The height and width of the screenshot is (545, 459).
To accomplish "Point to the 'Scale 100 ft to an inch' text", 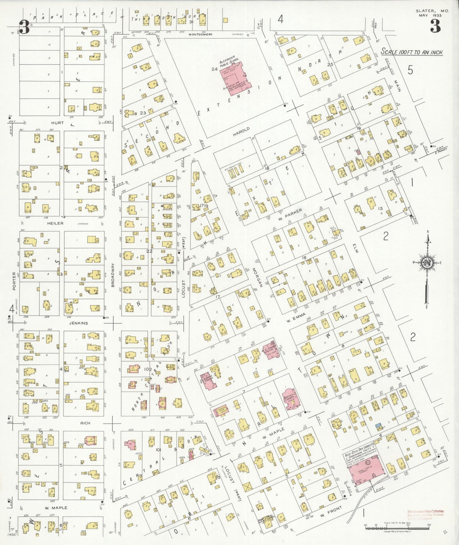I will (412, 52).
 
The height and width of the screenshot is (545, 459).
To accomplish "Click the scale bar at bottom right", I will (397, 528).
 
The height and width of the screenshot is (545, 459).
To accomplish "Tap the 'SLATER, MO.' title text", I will (432, 11).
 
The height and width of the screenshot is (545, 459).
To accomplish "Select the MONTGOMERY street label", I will (200, 34).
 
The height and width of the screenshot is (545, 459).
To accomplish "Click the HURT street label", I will (57, 123).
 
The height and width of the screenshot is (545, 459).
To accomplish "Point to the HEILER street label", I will (55, 224).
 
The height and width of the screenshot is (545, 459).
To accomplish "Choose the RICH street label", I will (85, 423).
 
